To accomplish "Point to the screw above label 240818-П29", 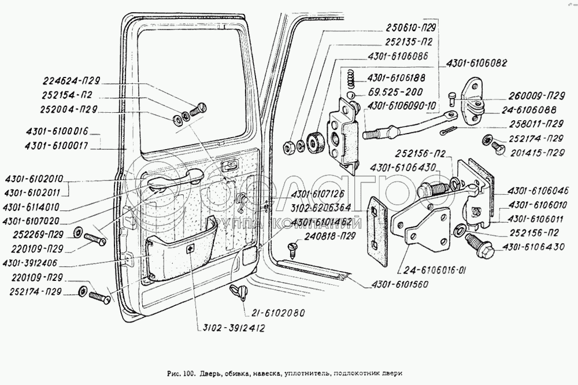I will (291, 249).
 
